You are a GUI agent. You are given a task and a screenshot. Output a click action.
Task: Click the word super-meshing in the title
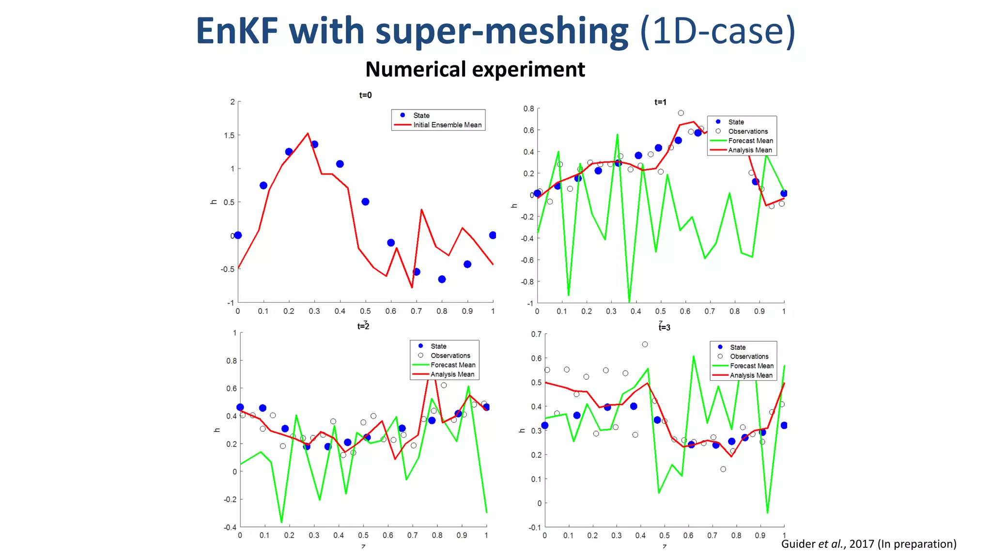(502, 31)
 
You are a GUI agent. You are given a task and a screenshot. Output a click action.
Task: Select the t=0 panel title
(365, 95)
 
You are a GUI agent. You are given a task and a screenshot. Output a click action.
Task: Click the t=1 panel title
(660, 102)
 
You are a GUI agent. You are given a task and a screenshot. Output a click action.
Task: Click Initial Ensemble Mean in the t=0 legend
(447, 125)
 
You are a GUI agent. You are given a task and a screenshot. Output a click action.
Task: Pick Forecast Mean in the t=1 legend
(750, 141)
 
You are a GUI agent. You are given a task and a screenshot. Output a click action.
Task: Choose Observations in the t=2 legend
(450, 356)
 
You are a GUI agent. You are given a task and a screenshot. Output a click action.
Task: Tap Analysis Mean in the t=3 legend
(751, 375)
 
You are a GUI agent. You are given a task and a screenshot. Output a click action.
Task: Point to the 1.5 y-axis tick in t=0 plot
(229, 135)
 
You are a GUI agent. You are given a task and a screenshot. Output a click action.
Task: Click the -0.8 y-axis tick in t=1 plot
(527, 282)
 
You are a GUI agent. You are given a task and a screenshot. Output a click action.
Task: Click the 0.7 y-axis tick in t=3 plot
(536, 334)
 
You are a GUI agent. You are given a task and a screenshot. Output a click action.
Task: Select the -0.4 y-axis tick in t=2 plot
(230, 527)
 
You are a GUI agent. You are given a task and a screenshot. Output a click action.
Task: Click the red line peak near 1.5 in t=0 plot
(308, 133)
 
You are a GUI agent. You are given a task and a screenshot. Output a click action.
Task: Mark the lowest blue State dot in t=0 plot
(442, 279)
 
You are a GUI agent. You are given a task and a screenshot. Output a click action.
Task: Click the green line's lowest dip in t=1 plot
(629, 301)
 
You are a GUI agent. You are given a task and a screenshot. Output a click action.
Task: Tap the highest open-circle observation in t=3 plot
(645, 344)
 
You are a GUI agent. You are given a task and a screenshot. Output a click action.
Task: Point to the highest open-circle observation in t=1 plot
(681, 113)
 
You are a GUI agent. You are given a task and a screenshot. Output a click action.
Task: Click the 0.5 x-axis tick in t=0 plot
(365, 311)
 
